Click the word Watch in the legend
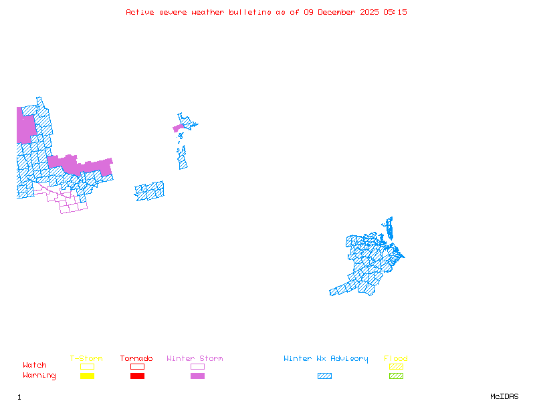point(35,366)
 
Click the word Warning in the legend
point(39,376)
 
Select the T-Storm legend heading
point(86,359)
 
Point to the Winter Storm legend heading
point(195,359)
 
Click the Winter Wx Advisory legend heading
point(326,359)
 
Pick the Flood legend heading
point(396,359)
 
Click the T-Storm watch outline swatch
point(87,366)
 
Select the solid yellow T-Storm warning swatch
point(87,376)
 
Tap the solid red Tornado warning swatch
point(137,376)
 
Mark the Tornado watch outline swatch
point(137,366)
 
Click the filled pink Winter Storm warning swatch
point(197,376)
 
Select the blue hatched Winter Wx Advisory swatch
point(324,376)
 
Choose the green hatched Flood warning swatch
point(396,376)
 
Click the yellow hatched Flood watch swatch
point(396,366)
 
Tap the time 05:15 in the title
point(395,12)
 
